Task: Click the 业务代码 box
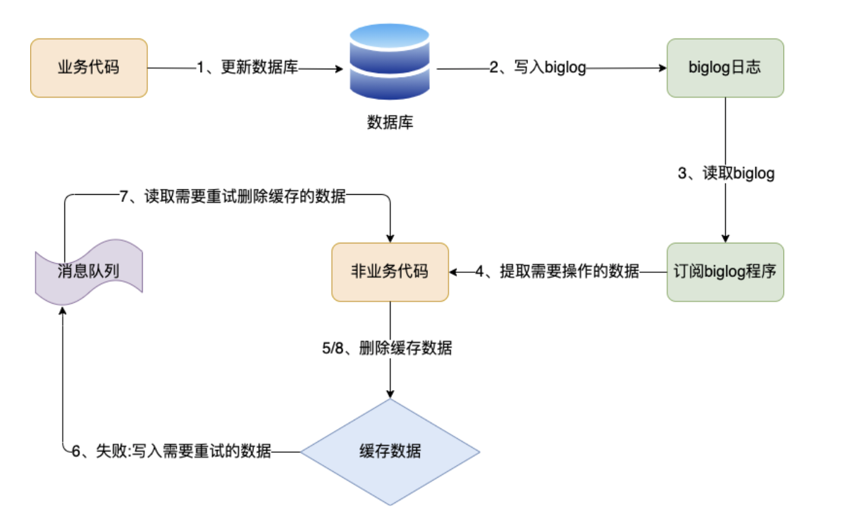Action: click(89, 68)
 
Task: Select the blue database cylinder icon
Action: click(389, 62)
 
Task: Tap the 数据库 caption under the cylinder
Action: click(389, 123)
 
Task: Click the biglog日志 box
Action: click(725, 68)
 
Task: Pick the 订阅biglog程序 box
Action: click(725, 272)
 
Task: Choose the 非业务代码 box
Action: click(390, 272)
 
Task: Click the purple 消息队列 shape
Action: click(89, 272)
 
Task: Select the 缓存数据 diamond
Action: click(390, 452)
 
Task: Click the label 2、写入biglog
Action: click(537, 67)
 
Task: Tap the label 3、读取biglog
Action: click(726, 173)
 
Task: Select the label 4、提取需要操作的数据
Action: click(557, 272)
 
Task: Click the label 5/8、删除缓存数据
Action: click(387, 348)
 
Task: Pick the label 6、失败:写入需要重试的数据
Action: click(171, 452)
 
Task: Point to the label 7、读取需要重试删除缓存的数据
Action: click(233, 196)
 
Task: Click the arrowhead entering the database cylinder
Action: click(340, 69)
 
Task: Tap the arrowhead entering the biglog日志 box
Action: click(663, 68)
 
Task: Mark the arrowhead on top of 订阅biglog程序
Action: click(725, 239)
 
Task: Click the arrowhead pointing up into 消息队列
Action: click(63, 311)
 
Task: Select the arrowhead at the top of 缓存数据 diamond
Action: click(390, 394)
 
